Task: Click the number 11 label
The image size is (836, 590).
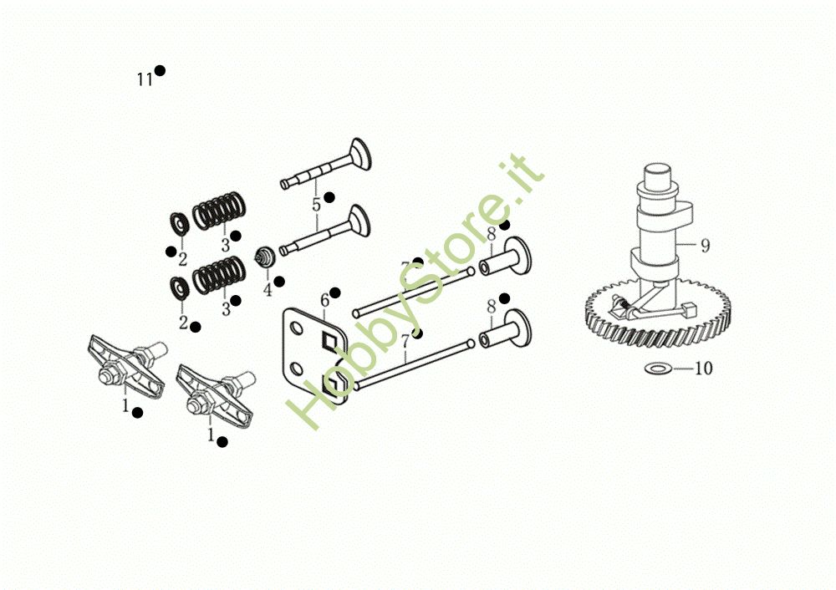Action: point(145,80)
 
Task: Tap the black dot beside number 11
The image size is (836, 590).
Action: point(160,70)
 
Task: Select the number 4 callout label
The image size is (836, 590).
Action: point(268,290)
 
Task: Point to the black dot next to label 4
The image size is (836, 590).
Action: point(279,281)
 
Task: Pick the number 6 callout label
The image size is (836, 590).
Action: point(325,300)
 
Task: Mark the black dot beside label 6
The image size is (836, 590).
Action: point(335,292)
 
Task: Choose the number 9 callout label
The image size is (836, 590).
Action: point(705,246)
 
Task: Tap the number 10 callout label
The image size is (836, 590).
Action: point(704,369)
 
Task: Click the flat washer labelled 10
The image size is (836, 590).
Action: point(658,368)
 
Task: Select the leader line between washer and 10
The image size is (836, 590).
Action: point(681,368)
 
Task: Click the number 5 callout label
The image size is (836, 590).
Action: point(316,205)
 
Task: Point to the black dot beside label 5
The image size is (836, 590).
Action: point(329,197)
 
